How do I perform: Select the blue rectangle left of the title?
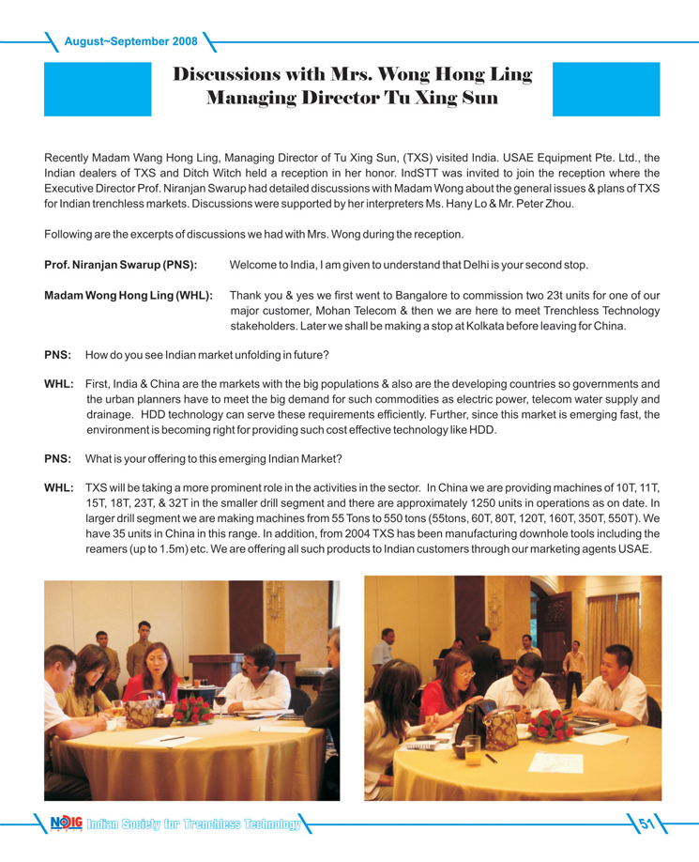click(98, 89)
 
